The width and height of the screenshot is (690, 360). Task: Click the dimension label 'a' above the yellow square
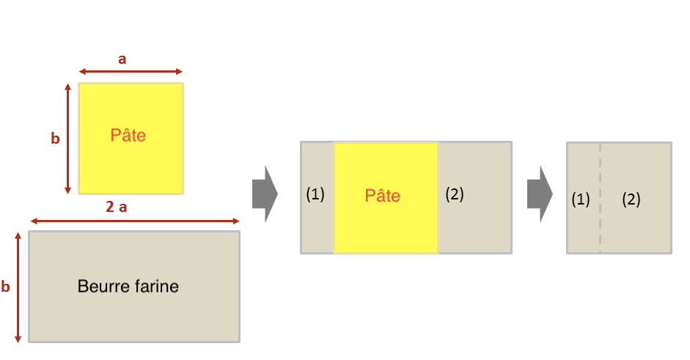point(122,59)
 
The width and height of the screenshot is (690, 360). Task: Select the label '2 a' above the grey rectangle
point(117,207)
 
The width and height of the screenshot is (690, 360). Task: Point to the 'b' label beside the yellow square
point(55,139)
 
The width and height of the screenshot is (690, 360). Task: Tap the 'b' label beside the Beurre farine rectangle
point(6,287)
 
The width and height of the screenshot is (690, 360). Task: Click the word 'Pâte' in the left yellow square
point(128,136)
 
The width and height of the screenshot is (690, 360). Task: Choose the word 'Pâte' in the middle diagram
point(383,196)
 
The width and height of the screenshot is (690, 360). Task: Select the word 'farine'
point(153,286)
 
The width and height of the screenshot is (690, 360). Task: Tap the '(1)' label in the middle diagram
point(315,194)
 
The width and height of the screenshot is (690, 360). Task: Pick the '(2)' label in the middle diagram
point(455,194)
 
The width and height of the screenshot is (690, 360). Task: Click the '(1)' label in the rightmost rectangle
point(581,199)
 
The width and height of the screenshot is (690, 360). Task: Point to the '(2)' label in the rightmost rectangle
point(631,199)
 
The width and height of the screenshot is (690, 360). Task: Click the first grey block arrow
point(264,194)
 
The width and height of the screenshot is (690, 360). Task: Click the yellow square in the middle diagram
point(386,169)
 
